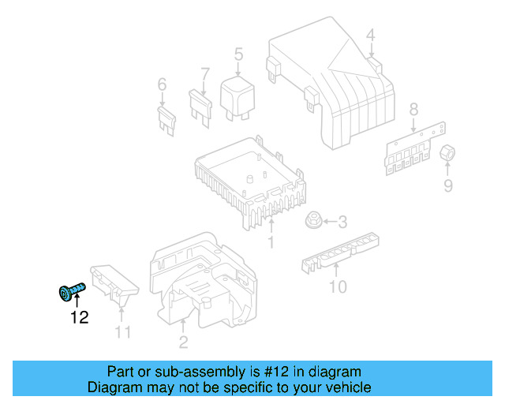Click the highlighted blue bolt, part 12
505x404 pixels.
point(69,293)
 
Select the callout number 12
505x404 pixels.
point(79,318)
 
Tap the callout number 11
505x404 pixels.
point(122,332)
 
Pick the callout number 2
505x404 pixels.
point(183,342)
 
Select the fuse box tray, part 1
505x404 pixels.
point(249,181)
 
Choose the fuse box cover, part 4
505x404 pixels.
point(331,79)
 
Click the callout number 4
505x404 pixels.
point(370,34)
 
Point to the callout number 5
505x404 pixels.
point(238,54)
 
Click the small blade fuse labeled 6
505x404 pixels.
point(166,120)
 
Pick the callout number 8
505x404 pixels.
point(413,109)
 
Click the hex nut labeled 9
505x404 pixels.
point(447,153)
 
